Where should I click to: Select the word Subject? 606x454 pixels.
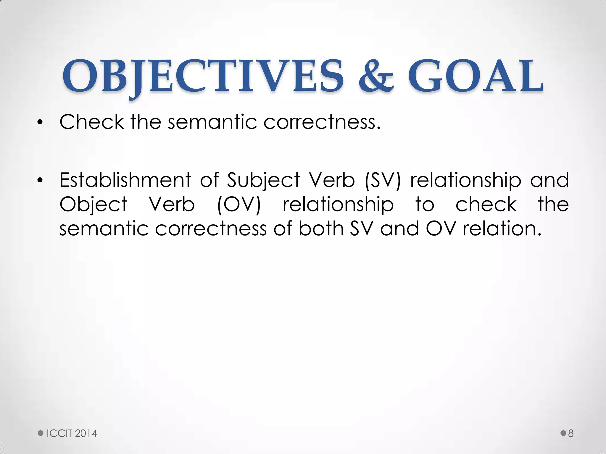tap(263, 181)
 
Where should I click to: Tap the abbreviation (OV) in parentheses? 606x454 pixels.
tap(239, 205)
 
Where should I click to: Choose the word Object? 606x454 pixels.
tap(94, 205)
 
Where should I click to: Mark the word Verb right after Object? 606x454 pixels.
tap(172, 204)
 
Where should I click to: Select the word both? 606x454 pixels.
tap(321, 228)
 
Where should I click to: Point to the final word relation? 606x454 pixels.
tap(502, 228)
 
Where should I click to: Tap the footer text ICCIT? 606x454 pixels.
tap(59, 434)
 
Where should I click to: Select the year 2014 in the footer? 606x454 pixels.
tap(86, 434)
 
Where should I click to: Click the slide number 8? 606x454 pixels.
tap(571, 434)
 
